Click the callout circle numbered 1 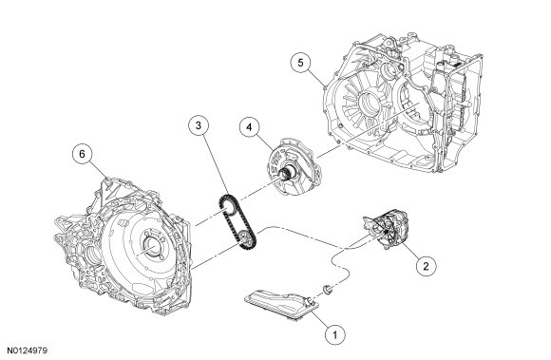pos(335,334)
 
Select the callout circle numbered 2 pos(426,266)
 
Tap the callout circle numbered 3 pos(199,125)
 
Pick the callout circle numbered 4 pos(250,127)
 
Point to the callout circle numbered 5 pos(300,63)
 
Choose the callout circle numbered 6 pos(82,154)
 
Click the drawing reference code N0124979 pos(28,351)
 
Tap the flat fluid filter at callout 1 pos(281,303)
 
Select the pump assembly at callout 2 pos(387,230)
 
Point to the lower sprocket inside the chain pos(246,237)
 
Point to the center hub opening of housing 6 pos(153,246)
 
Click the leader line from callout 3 pos(216,166)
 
